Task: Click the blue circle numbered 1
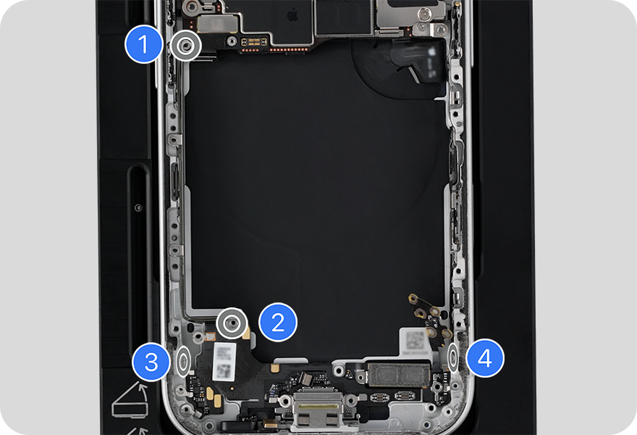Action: [x=143, y=44]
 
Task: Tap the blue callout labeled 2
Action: [x=278, y=323]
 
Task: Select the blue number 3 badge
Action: [x=151, y=361]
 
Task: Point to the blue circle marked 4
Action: [x=485, y=358]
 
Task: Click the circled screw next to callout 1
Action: [x=185, y=46]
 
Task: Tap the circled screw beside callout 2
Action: [x=232, y=323]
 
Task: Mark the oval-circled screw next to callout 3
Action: [x=184, y=360]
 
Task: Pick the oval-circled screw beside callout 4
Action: [x=453, y=357]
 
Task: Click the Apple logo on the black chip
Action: [x=292, y=16]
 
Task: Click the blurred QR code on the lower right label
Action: [x=415, y=339]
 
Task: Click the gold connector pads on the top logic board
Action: [x=254, y=41]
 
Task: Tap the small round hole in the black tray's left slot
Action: [x=138, y=207]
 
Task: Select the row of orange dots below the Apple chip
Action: [x=289, y=49]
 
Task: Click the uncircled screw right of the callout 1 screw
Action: [x=232, y=41]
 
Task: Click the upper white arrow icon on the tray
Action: [x=130, y=401]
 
